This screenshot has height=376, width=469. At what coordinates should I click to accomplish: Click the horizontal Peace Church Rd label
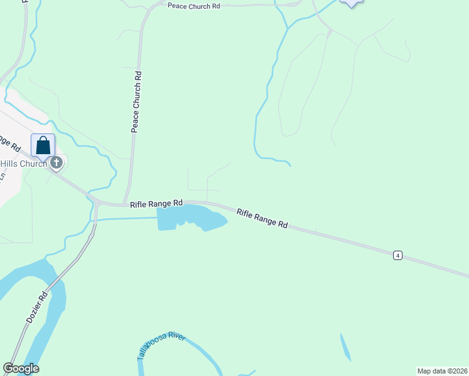pos(194,5)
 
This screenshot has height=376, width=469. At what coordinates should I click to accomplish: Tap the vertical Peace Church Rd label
pos(137,102)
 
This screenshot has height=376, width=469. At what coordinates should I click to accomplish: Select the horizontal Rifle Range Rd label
pos(156,204)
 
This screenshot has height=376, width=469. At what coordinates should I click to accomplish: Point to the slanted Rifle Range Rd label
pos(262,218)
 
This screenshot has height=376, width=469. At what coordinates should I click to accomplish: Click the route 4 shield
pos(398,255)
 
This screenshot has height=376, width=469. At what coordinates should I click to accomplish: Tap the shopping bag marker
pos(43,145)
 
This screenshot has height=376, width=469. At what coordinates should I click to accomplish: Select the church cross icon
pos(56,164)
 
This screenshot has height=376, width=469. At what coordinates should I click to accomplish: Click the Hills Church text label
pos(23,164)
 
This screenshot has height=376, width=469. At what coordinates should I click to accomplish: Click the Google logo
pos(21,368)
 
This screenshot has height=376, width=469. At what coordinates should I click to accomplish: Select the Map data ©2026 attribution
pos(442,370)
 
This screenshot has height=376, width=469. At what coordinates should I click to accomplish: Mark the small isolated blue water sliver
pos(345,347)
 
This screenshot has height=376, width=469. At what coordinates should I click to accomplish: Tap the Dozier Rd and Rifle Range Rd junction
pos(97,204)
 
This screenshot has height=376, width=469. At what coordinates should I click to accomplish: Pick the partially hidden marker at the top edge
pos(351,3)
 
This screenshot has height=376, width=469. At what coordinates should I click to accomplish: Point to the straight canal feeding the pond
pos(125,218)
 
